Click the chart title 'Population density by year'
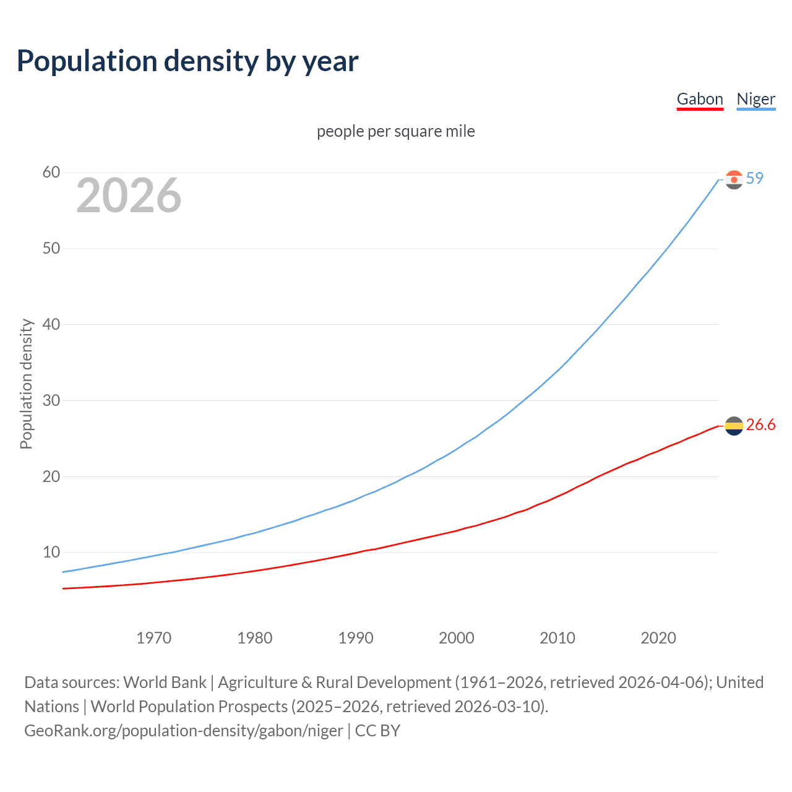tap(187, 61)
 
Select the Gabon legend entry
tap(700, 99)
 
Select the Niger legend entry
tap(755, 99)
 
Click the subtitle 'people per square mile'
tap(395, 131)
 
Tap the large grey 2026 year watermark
tap(129, 196)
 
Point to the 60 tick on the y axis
tap(51, 173)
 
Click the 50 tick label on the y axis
tap(51, 249)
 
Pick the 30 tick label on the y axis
tap(51, 400)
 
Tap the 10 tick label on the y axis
tap(51, 552)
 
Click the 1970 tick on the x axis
tap(153, 638)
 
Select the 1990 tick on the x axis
tap(356, 638)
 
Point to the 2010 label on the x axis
tap(557, 638)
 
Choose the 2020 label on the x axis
tap(658, 638)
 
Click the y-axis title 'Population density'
tap(26, 384)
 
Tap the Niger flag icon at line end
tap(734, 179)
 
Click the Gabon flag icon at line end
tap(734, 426)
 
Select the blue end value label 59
tap(755, 178)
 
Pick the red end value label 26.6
tap(760, 424)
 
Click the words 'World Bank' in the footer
tap(165, 682)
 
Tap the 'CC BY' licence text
tap(377, 731)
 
